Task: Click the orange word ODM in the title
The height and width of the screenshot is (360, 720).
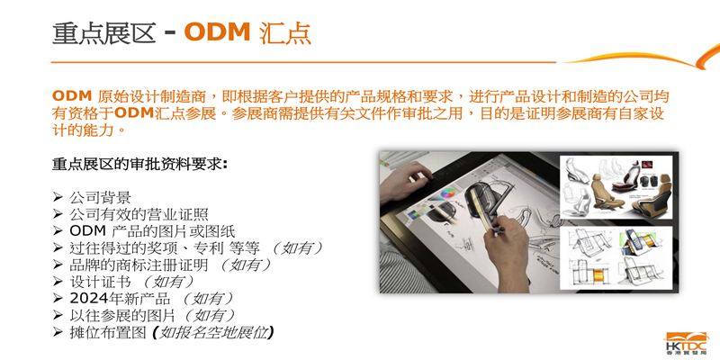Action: [x=217, y=32]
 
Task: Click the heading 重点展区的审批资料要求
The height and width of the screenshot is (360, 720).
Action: [x=139, y=165]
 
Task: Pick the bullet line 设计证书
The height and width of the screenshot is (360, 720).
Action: [x=100, y=282]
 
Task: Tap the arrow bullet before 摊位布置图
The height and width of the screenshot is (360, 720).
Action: [x=57, y=332]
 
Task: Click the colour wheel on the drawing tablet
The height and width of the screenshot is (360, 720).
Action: [x=447, y=193]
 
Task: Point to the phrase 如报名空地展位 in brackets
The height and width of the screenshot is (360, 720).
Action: [x=213, y=332]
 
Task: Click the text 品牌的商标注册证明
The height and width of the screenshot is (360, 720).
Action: [x=139, y=265]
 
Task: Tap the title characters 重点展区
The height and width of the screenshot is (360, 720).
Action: [x=104, y=32]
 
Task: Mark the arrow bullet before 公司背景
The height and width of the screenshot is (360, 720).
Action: [x=57, y=197]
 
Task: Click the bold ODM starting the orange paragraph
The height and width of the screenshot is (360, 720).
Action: [x=71, y=96]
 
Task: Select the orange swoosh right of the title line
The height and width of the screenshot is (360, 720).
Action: [x=643, y=58]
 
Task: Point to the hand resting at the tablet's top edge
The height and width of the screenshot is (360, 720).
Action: [x=407, y=181]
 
